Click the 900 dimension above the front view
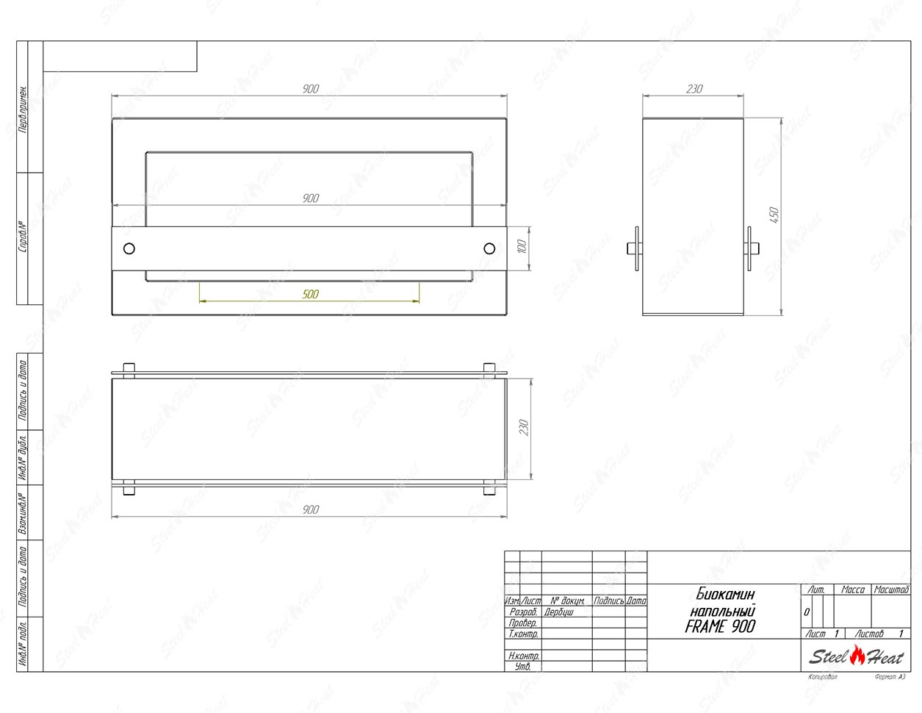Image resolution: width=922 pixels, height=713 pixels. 311,89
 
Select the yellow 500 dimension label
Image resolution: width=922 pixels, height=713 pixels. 311,294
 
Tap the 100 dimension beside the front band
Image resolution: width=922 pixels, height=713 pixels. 522,247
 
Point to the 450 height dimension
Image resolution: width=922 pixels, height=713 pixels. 773,215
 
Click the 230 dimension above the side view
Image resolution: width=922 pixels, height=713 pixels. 694,89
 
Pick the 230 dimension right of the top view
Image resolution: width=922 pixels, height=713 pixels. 523,428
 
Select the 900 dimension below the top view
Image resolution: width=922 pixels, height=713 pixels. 311,509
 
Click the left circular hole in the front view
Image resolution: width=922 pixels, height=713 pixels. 129,248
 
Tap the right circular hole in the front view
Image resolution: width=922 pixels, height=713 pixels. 489,248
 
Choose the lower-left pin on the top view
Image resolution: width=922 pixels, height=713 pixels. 129,488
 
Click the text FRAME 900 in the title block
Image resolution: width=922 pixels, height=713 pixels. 719,626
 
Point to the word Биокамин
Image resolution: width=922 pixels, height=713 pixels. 724,594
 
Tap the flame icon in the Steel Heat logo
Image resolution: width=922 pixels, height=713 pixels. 857,654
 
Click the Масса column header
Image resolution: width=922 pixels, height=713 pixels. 852,590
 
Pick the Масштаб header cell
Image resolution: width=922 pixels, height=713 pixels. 891,590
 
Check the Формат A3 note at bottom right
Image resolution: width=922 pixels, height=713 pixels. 890,677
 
